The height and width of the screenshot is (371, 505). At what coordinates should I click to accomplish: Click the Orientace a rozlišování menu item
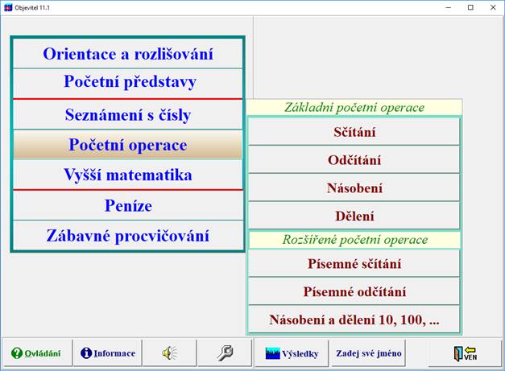coord(127,54)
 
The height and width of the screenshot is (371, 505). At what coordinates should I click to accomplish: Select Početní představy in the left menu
coord(129,82)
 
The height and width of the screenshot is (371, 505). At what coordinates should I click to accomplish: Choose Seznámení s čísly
coord(127,114)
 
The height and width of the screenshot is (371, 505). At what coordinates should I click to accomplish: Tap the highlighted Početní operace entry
coord(127,145)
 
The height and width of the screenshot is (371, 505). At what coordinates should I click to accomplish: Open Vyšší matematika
coord(127,175)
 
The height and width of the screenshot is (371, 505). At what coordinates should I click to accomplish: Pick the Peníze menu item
coord(127,205)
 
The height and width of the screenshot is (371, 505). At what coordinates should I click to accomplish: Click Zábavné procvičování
coord(127,236)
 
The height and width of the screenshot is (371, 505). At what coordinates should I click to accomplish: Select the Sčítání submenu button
coord(354,132)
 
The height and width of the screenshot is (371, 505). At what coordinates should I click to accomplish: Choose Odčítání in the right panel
coord(354,160)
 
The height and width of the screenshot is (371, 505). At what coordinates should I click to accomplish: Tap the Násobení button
coord(354,188)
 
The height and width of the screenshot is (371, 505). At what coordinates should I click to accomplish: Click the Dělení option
coord(354,216)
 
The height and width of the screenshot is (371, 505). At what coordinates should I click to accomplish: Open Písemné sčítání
coord(354,263)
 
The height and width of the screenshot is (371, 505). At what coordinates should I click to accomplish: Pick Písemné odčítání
coord(354,291)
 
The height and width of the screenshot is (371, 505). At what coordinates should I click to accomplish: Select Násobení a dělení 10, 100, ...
coord(354,319)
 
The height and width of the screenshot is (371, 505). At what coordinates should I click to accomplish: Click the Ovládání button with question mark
coord(36,353)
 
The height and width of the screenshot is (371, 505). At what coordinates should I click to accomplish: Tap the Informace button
coord(107,353)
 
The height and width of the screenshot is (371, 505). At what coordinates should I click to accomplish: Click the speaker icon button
coord(169,353)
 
